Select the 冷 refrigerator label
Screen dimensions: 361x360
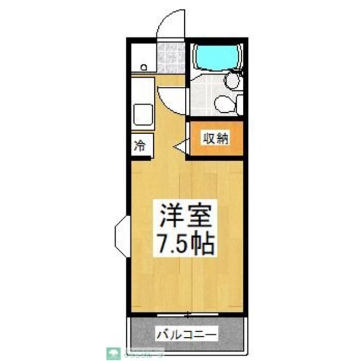click(139, 146)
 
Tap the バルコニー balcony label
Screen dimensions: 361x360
click(185, 334)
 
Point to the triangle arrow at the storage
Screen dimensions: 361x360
click(181, 147)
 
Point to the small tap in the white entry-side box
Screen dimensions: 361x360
click(143, 67)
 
